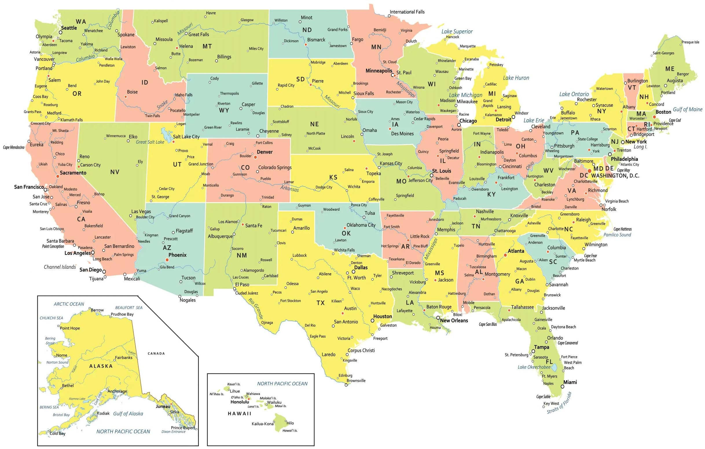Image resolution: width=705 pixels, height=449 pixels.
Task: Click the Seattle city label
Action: tap(69, 28)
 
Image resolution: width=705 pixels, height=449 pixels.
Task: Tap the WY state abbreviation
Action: tap(224, 110)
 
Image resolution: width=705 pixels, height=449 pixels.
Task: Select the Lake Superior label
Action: tap(457, 31)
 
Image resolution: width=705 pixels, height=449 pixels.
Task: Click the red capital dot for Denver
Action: tap(255, 157)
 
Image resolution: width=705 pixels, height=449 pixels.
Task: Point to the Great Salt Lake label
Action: tap(150, 142)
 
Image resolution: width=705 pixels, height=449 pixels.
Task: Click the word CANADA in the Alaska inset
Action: tap(156, 354)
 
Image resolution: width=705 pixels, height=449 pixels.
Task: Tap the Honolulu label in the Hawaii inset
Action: tap(240, 402)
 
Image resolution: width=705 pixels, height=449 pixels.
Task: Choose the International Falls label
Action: tap(407, 12)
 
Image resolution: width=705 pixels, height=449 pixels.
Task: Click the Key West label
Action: tap(551, 403)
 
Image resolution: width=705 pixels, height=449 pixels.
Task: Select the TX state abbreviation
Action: tap(321, 303)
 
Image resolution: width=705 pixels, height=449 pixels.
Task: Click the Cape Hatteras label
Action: tap(623, 229)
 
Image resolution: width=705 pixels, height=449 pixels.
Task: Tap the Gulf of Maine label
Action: tap(687, 109)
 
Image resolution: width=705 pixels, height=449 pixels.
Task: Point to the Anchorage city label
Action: tap(117, 391)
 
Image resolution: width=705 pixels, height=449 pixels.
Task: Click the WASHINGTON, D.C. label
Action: tap(615, 176)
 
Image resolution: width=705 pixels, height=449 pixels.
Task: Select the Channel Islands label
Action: tap(60, 267)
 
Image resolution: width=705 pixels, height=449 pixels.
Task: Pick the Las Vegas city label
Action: tap(141, 211)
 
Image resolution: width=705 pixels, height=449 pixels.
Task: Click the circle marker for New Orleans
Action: tap(438, 318)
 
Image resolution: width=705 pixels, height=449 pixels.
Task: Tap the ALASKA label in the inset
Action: tap(101, 366)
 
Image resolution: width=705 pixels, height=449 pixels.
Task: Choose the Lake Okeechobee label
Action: tap(534, 367)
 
